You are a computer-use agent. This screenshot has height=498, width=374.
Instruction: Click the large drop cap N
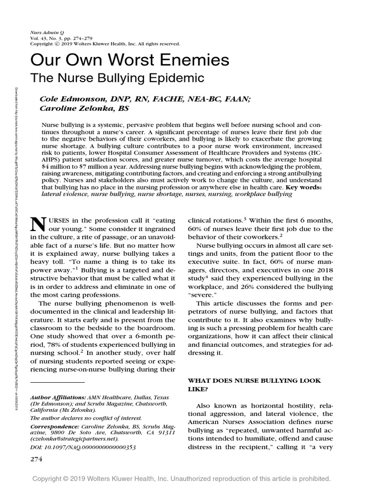[38, 224]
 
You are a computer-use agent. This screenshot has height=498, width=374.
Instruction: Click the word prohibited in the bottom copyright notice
[314, 479]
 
